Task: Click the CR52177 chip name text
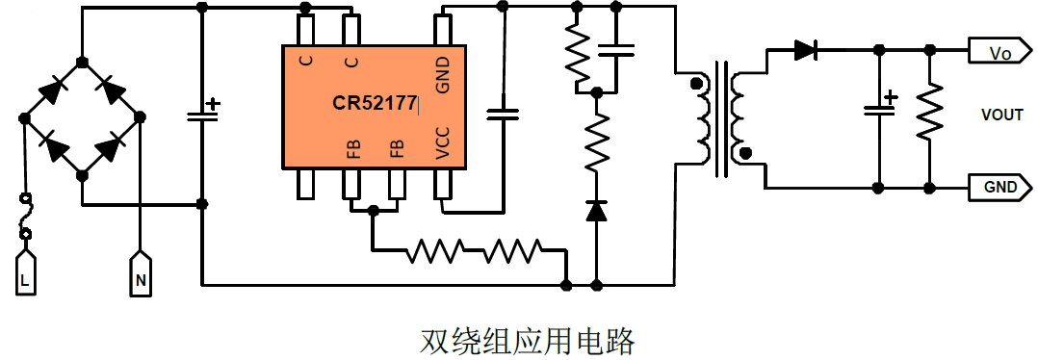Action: [375, 103]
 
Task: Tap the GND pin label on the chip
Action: [442, 73]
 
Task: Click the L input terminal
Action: [25, 274]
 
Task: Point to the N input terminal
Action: [140, 274]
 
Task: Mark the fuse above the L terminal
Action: [26, 217]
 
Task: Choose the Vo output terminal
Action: [999, 54]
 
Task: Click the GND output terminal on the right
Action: [999, 187]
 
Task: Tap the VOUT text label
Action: [1001, 116]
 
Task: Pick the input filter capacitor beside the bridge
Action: [201, 115]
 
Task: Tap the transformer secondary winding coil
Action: [738, 116]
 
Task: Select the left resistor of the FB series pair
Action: [436, 252]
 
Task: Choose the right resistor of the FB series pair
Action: [511, 252]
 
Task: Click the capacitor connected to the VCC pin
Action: [502, 114]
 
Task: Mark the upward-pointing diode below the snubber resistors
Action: [597, 210]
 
